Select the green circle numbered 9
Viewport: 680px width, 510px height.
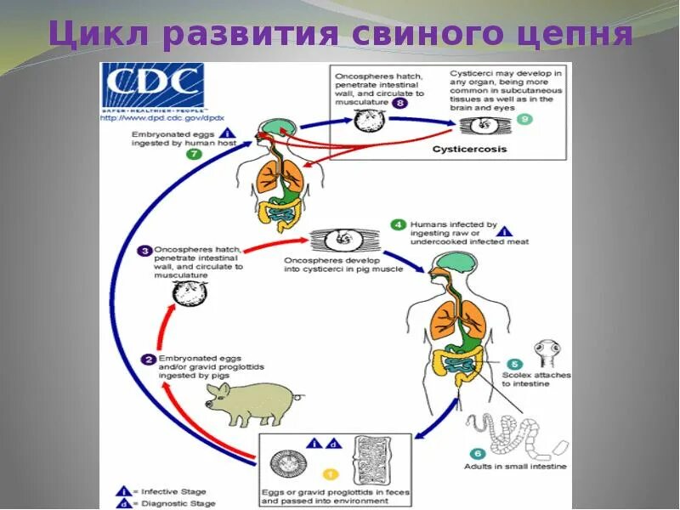(524, 119)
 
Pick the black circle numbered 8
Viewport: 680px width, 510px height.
(400, 102)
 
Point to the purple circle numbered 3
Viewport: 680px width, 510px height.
(145, 250)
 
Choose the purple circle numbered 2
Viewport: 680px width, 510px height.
(147, 360)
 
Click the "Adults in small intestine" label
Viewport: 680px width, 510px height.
(515, 467)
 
